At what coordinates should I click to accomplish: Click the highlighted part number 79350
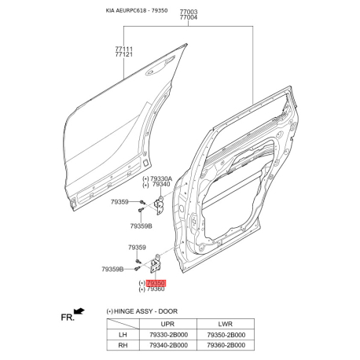156,283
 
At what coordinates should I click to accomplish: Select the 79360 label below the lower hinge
156,289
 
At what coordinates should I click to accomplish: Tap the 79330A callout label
161,178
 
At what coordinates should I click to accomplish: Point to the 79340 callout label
161,185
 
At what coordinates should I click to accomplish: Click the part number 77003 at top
189,12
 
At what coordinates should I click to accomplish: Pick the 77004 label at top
189,17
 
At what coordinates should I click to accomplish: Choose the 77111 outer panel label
124,49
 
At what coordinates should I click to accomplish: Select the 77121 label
124,54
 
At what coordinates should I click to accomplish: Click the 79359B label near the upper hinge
141,226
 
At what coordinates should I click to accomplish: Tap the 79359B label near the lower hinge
112,269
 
